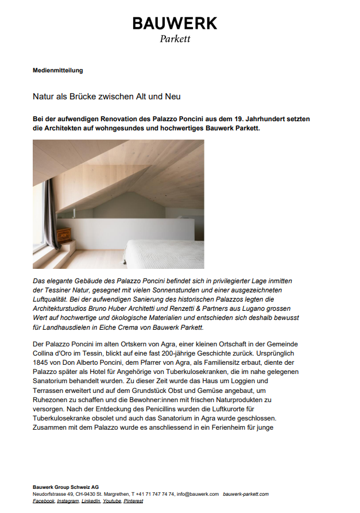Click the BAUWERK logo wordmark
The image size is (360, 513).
pyautogui.click(x=175, y=24)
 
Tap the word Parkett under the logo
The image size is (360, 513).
pyautogui.click(x=175, y=39)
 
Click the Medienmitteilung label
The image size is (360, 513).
pyautogui.click(x=58, y=71)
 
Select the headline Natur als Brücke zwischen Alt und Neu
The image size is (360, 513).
pyautogui.click(x=107, y=97)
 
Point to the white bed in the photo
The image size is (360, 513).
pyautogui.click(x=164, y=253)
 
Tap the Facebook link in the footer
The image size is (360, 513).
pyautogui.click(x=44, y=501)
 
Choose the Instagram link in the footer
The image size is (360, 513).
pyautogui.click(x=68, y=501)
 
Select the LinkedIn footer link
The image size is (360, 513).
pyautogui.click(x=91, y=501)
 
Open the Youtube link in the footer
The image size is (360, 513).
pyautogui.click(x=111, y=501)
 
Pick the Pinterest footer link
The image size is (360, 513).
pyautogui.click(x=133, y=501)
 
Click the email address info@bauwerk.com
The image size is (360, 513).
pyautogui.click(x=198, y=494)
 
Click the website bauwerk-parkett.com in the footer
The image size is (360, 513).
pyautogui.click(x=246, y=494)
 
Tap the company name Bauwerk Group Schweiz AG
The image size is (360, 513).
pyautogui.click(x=65, y=487)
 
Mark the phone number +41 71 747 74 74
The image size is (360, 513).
pyautogui.click(x=154, y=494)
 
